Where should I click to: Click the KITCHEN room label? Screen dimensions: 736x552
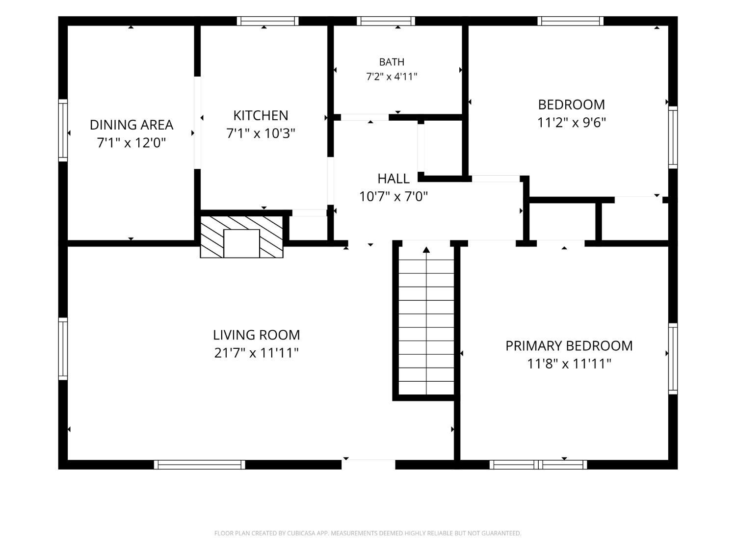[x=261, y=116]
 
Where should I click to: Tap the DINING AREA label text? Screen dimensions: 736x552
[x=131, y=125]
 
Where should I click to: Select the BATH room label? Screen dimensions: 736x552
[x=392, y=62]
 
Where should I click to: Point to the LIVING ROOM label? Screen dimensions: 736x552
[x=257, y=335]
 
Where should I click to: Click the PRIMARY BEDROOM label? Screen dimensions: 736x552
[x=569, y=346]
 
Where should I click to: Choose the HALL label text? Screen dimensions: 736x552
[x=394, y=179]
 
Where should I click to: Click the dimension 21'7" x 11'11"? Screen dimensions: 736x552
[x=256, y=353]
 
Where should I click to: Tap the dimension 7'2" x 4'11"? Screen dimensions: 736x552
[x=392, y=77]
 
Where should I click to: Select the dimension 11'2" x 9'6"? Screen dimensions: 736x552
[x=571, y=123]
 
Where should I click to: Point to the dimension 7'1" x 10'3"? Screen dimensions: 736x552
[x=261, y=134]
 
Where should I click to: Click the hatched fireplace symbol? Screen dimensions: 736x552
[x=241, y=237]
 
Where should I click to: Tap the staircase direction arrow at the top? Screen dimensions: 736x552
[x=426, y=250]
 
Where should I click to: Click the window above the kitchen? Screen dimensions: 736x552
[x=267, y=21]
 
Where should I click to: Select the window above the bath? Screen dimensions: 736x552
[x=386, y=21]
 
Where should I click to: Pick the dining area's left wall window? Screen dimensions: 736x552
[x=63, y=130]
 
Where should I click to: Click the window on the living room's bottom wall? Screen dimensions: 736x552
[x=200, y=465]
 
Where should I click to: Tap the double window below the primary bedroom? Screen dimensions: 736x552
[x=538, y=465]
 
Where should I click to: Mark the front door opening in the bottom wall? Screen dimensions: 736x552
[x=368, y=465]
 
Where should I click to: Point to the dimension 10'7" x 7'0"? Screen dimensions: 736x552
[x=394, y=197]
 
